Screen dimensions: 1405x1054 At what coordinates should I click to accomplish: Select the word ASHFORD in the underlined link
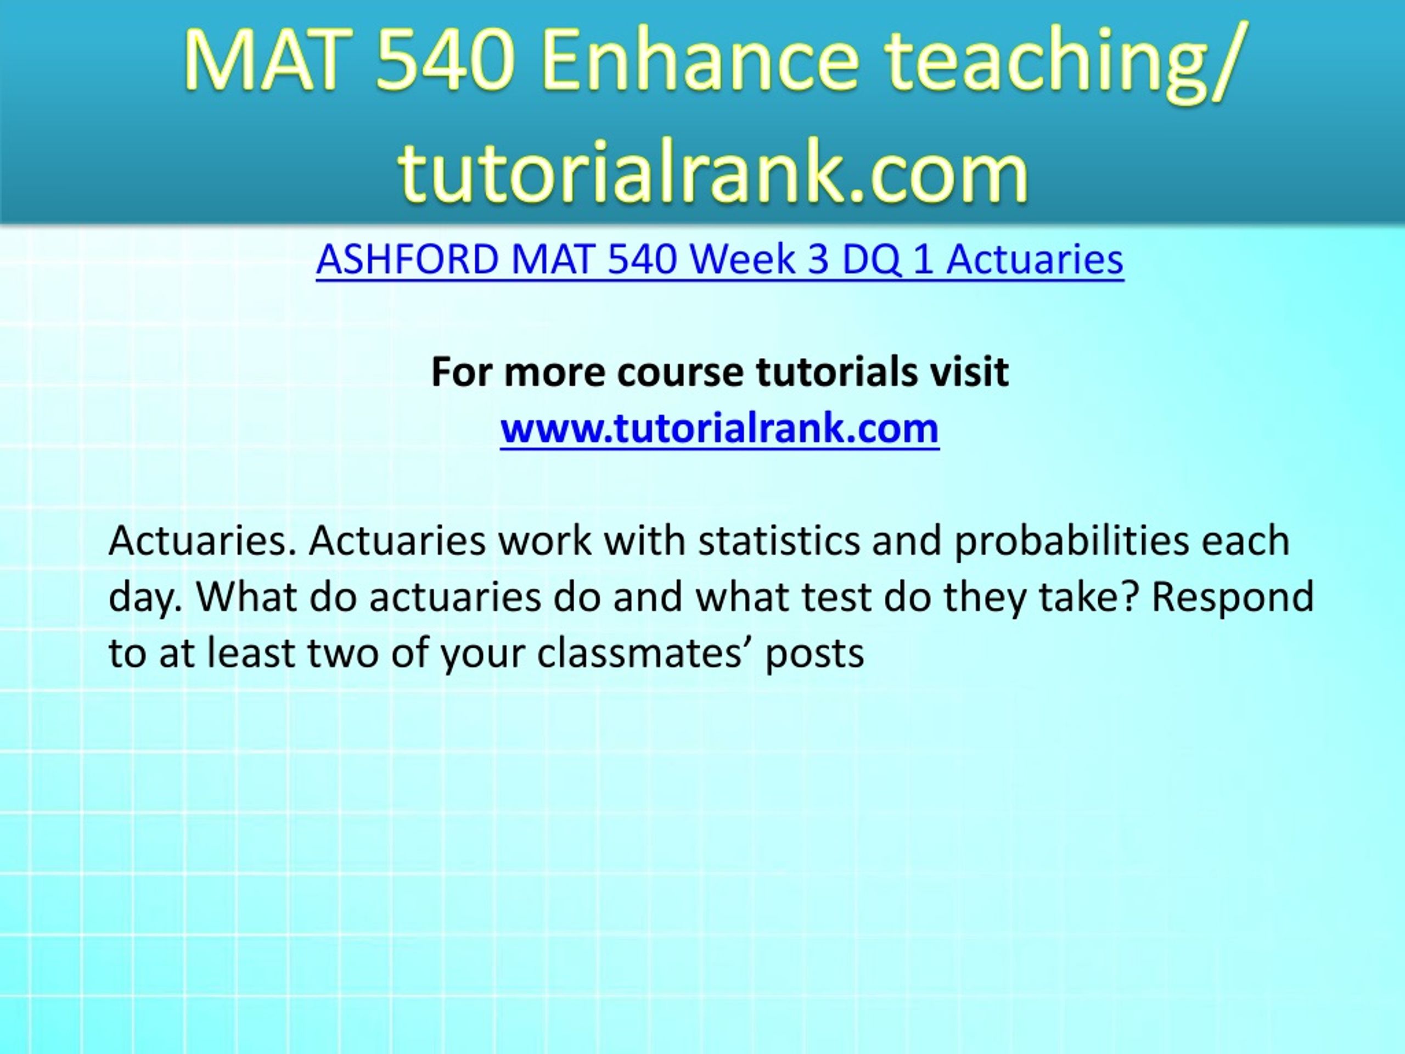[x=407, y=259]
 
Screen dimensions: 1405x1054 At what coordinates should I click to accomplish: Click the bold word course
[x=679, y=372]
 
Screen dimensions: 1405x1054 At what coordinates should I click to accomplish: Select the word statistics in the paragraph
[x=779, y=541]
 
